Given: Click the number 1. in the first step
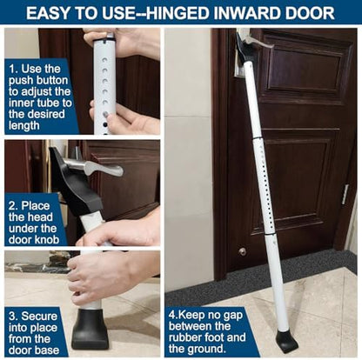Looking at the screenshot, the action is [x=14, y=69].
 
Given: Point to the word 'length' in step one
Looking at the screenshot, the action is [x=23, y=126].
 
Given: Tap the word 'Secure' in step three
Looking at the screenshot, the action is [x=39, y=317].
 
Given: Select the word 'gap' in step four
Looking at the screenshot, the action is [x=231, y=316].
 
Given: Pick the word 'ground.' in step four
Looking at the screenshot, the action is [x=205, y=349].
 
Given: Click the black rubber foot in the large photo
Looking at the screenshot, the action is [x=286, y=342].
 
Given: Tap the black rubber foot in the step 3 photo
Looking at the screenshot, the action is [x=88, y=330].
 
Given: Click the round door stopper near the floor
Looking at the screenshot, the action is [x=243, y=251].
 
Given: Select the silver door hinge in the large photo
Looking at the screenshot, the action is [x=345, y=194].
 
